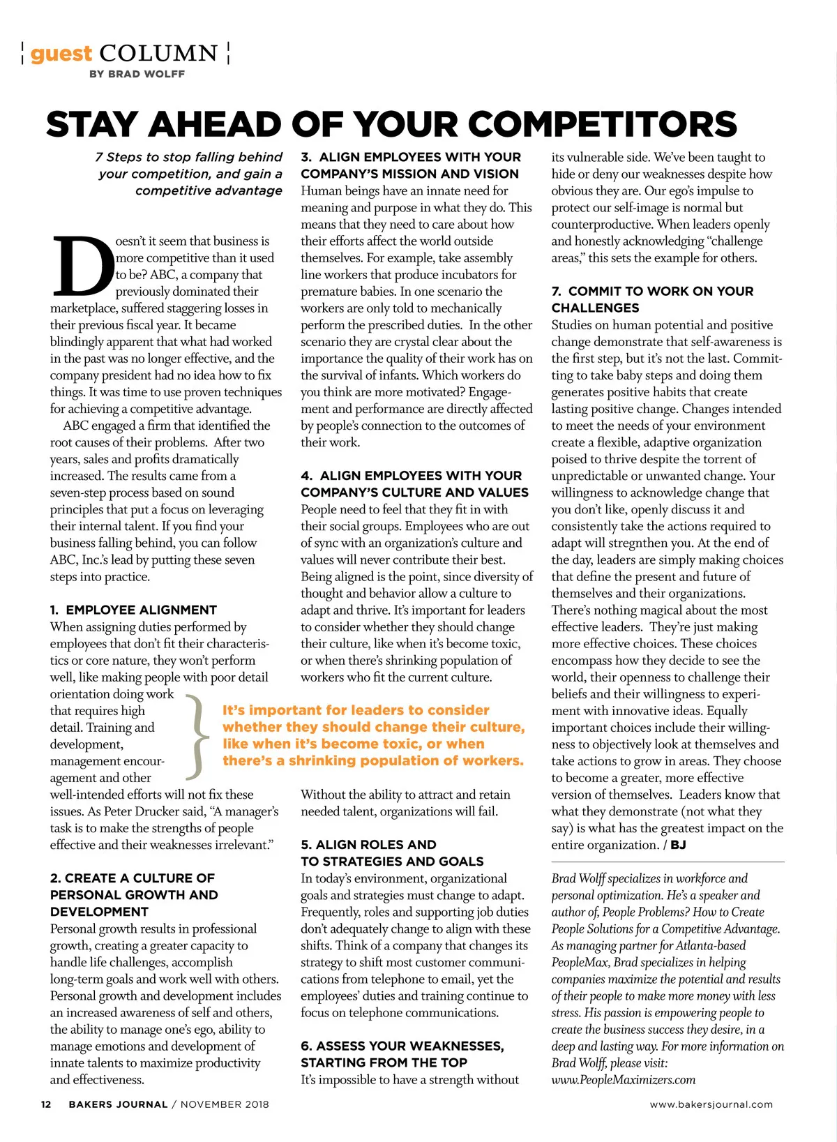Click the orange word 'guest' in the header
tap(61, 54)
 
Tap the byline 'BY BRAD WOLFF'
tap(137, 74)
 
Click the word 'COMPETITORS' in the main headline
tap(602, 124)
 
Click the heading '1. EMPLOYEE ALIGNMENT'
tap(133, 610)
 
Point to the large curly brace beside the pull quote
tap(198, 736)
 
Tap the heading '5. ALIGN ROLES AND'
tap(368, 845)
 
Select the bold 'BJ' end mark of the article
tap(678, 845)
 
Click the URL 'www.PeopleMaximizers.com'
tap(624, 1080)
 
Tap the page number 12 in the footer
tap(46, 1104)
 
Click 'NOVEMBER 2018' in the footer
tap(225, 1104)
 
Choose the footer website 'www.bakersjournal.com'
tap(711, 1104)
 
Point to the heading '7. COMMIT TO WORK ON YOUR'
tap(652, 291)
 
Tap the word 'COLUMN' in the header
tap(158, 54)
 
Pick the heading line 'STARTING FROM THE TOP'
tap(384, 1062)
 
